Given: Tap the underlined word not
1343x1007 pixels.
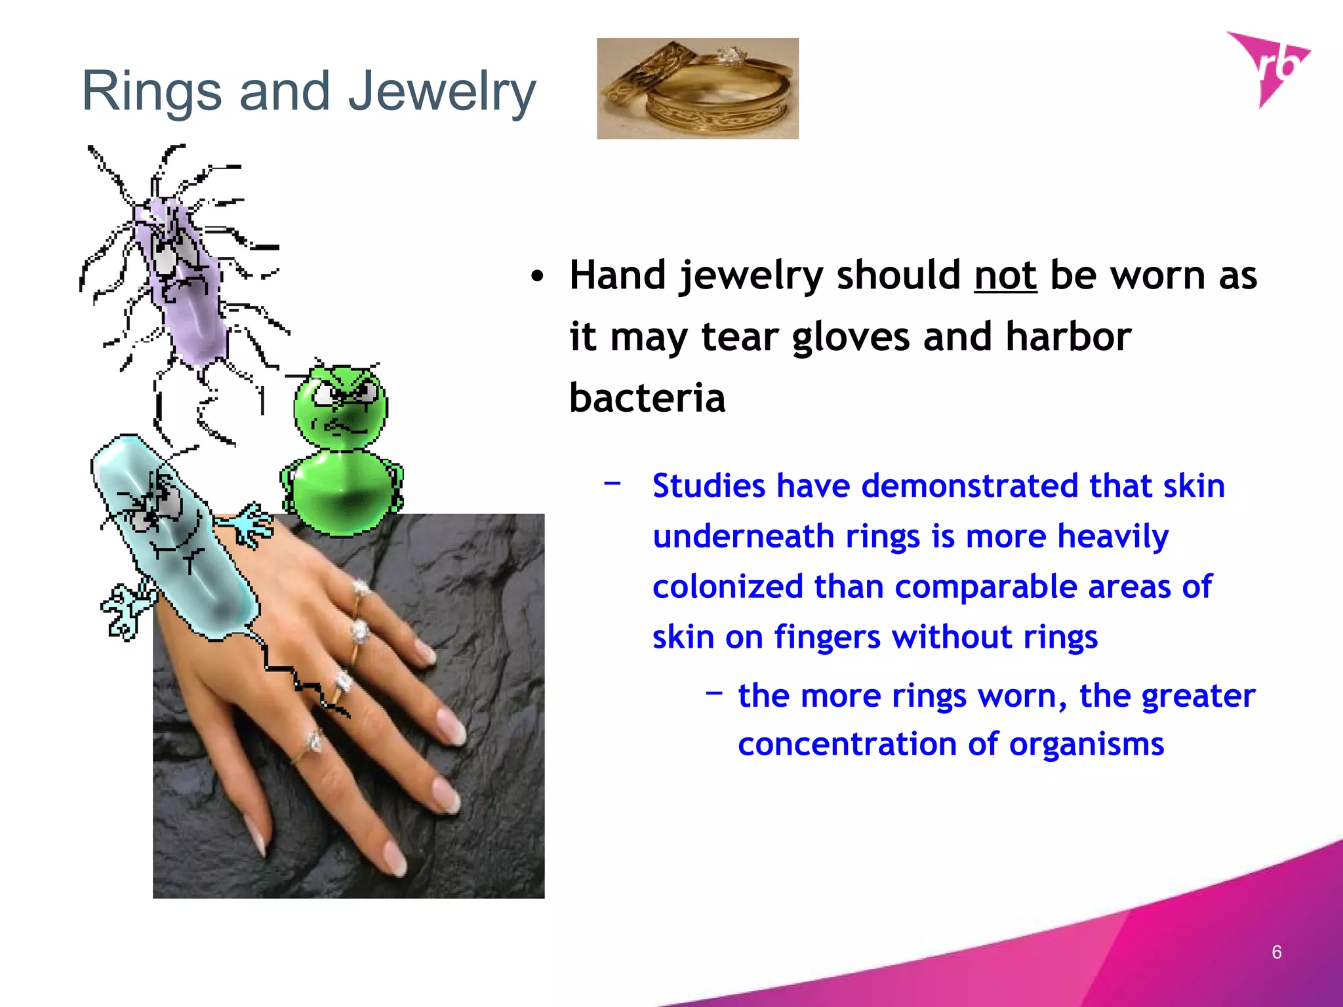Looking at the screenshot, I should tap(1005, 275).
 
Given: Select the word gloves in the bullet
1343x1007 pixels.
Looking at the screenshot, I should tap(851, 337).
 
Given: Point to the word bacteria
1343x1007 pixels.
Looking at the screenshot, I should tap(647, 398).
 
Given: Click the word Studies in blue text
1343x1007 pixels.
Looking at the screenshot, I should tap(709, 486).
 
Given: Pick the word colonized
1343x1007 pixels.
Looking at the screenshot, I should tap(727, 587).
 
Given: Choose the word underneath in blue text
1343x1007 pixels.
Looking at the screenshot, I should tap(743, 536).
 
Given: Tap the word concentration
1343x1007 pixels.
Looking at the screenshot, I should tap(847, 744).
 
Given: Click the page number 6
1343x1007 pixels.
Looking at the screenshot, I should tap(1276, 952).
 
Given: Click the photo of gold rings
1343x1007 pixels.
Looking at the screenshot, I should tap(697, 89).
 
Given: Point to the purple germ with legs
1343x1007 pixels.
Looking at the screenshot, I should tap(180, 275).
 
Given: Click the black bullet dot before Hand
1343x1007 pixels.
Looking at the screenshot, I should tap(538, 277).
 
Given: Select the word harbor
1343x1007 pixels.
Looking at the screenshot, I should tap(1068, 337).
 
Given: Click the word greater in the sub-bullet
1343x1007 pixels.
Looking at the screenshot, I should tap(1197, 696).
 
